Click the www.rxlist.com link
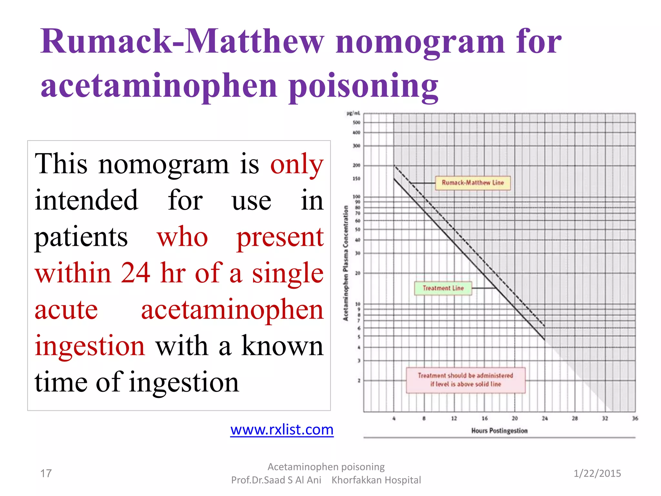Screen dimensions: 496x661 coord(282,430)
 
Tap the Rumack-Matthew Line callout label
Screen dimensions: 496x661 coord(473,183)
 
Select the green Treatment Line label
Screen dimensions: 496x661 coord(443,288)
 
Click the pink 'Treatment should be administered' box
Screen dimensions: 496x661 coord(465,380)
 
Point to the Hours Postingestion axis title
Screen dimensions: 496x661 coord(499,431)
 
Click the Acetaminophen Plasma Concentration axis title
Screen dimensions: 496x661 coord(346,263)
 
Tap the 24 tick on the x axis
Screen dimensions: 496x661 coord(545,418)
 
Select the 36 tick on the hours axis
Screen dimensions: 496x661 coord(635,418)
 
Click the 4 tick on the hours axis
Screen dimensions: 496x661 coord(394,418)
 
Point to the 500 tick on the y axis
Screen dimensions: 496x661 coord(356,123)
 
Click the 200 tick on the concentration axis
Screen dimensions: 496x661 coord(356,165)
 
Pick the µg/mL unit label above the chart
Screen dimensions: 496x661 coord(353,113)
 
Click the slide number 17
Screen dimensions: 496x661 coord(46,473)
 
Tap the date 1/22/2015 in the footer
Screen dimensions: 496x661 coord(597,473)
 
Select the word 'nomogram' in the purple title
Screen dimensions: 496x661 coord(420,42)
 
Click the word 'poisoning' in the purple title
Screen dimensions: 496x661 coord(363,86)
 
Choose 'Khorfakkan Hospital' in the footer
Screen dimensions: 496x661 coord(376,480)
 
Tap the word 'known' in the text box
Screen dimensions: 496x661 coord(282,346)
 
